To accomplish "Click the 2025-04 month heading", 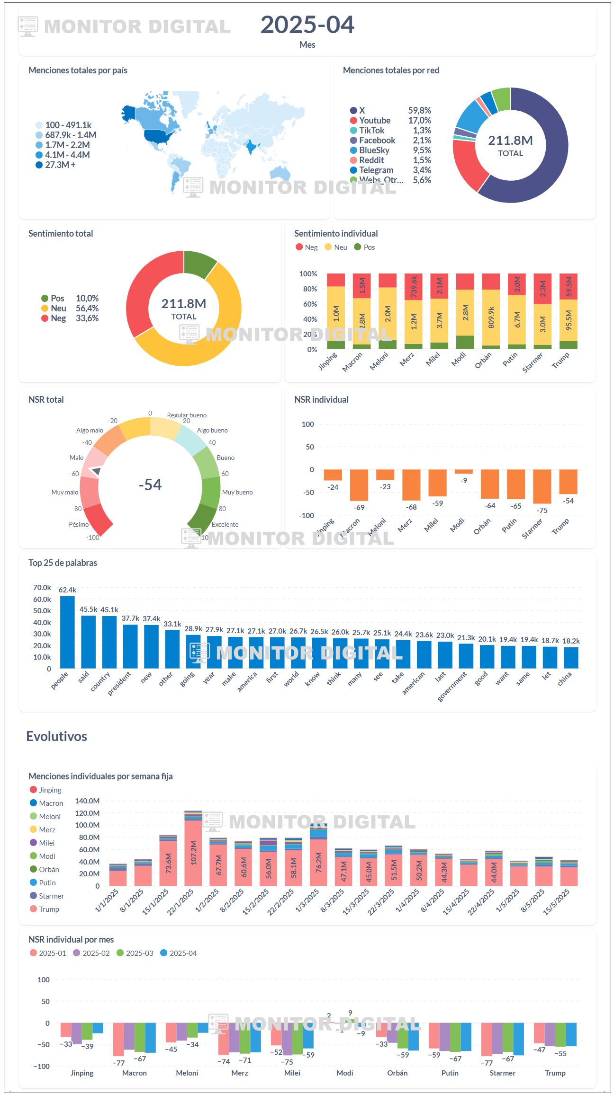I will tap(307, 25).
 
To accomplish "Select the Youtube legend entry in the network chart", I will tap(374, 121).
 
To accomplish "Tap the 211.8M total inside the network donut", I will tap(510, 141).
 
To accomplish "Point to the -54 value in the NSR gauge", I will tap(150, 485).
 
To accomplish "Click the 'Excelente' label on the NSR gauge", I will tap(225, 524).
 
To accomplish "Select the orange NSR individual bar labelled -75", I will tap(542, 486).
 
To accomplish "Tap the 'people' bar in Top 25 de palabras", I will tap(67, 632).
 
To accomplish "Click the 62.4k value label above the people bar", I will tap(67, 590).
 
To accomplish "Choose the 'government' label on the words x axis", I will tap(452, 687).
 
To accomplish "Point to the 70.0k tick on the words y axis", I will tap(42, 588).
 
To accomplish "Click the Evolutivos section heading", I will tap(56, 736).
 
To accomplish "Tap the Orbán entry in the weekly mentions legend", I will tap(49, 870).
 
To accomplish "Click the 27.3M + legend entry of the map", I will tap(60, 165).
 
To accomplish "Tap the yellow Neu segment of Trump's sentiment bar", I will tap(568, 320).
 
